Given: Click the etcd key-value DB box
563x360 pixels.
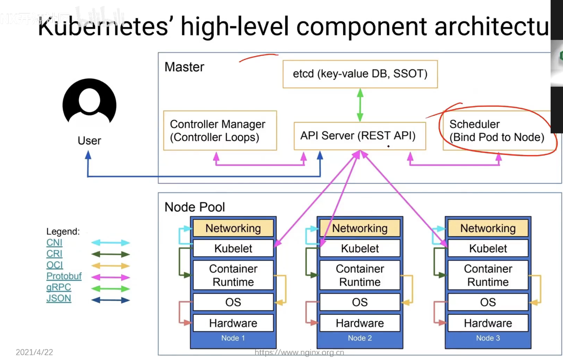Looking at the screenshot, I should click(360, 74).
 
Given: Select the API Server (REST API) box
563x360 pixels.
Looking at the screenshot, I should click(360, 136).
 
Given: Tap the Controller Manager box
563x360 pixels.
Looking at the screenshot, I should click(220, 131).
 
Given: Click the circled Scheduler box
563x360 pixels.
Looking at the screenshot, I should click(497, 131).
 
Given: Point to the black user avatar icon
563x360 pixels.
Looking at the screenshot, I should click(89, 102).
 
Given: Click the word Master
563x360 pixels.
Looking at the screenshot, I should click(184, 67).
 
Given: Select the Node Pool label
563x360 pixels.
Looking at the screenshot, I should click(195, 207).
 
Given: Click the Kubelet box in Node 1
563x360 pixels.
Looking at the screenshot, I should click(233, 248).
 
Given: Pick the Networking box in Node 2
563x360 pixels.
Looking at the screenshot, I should click(360, 228).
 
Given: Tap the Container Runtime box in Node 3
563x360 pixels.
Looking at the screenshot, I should click(488, 275).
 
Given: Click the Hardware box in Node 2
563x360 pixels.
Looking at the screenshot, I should click(360, 323).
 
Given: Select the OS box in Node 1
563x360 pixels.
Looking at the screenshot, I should click(233, 302).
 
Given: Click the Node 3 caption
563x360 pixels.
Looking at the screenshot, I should click(488, 338).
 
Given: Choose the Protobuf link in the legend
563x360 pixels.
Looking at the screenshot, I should click(64, 276).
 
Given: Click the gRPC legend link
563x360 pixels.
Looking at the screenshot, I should click(59, 287).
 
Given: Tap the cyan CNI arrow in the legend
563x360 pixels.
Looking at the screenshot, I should click(111, 243).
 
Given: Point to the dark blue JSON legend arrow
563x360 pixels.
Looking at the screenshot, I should click(111, 300).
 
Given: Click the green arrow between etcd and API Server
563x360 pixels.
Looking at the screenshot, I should click(360, 105).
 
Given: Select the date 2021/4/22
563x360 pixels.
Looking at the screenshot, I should click(34, 352).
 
